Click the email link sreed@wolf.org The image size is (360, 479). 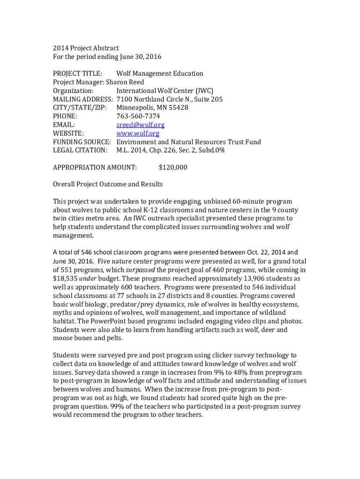(x=140, y=125)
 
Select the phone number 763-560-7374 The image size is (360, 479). (x=138, y=116)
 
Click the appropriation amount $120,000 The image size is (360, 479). (x=173, y=167)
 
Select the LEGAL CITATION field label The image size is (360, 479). (x=80, y=150)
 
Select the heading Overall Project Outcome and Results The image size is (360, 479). (x=108, y=184)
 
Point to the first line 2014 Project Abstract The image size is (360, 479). (x=86, y=48)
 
